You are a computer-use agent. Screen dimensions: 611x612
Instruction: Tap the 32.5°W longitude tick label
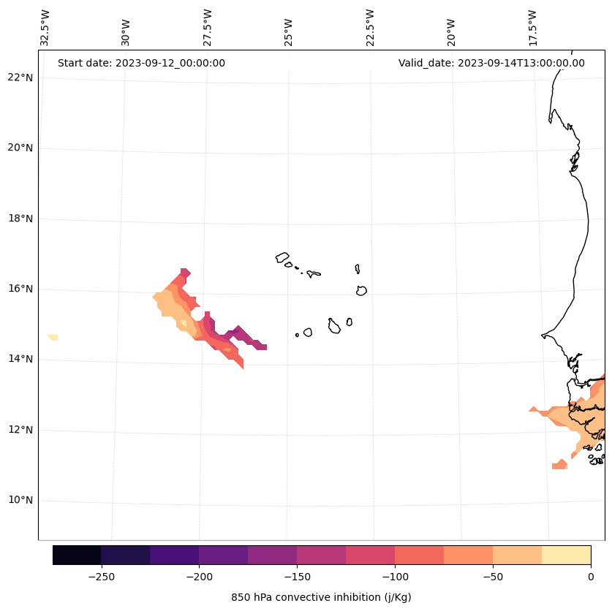coord(45,28)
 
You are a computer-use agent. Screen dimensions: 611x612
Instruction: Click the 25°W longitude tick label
coord(289,32)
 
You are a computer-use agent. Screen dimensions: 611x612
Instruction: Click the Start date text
coord(141,63)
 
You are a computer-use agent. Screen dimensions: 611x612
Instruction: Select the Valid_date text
coord(491,63)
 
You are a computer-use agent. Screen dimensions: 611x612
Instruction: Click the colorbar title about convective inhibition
coord(321,597)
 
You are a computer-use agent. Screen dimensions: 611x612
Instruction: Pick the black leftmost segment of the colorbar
coord(77,555)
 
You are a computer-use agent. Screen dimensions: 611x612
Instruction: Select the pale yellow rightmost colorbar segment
coord(566,555)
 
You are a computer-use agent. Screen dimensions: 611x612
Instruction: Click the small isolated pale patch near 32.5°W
coord(53,337)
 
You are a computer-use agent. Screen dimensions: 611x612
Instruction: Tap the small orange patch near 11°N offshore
coord(560,464)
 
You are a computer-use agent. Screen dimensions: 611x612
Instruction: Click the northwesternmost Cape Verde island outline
coord(282,257)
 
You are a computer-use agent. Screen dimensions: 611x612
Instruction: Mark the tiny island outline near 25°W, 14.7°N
coord(297,335)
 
